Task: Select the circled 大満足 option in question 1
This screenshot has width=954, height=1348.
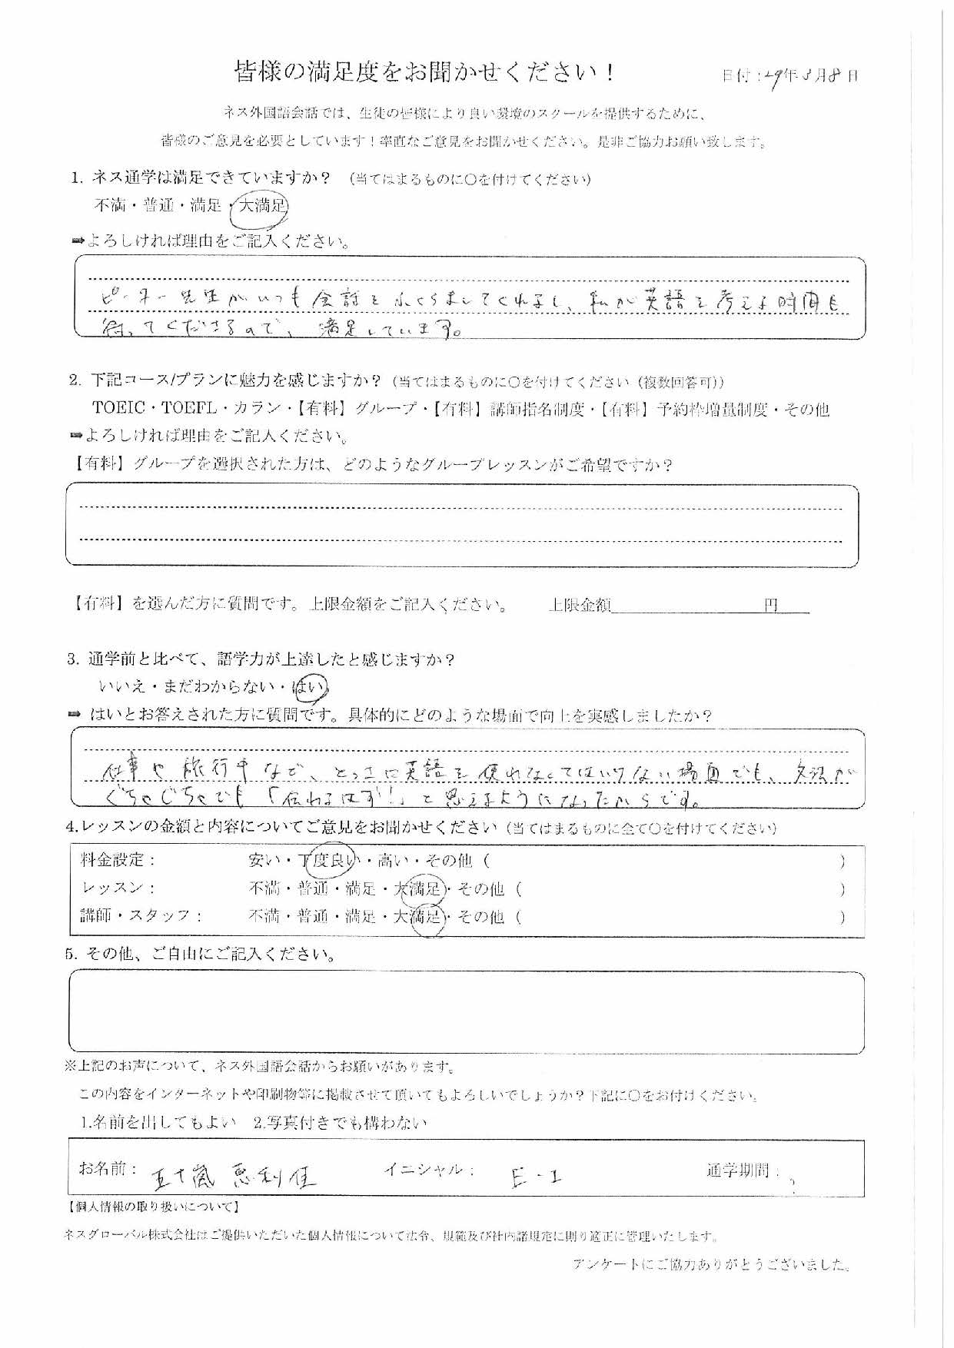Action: (x=263, y=206)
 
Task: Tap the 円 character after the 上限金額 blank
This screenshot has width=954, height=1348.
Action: (x=771, y=606)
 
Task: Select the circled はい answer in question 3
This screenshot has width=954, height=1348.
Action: (x=317, y=686)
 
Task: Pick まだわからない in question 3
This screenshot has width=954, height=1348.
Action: (x=223, y=687)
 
